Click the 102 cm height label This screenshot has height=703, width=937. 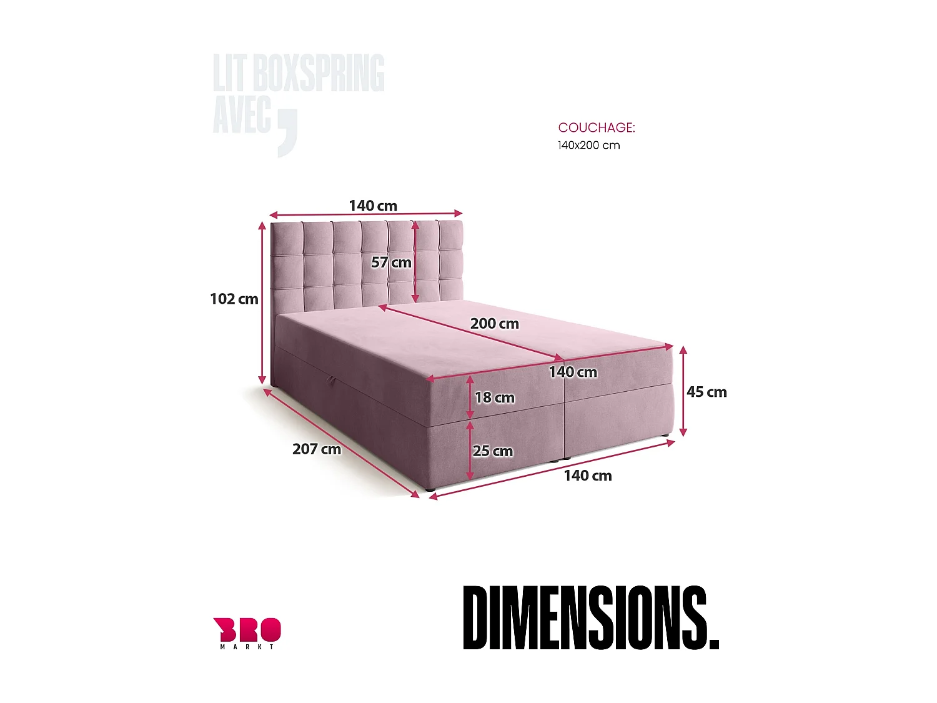click(x=234, y=299)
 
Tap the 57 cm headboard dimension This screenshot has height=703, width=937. click(x=391, y=262)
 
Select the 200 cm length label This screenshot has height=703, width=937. click(x=494, y=324)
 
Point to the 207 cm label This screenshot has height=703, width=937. click(x=317, y=449)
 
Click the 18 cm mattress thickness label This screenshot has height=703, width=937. click(x=494, y=397)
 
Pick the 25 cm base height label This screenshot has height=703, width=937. click(x=492, y=451)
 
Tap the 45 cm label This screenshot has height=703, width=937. click(x=706, y=392)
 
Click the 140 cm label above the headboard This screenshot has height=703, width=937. click(x=373, y=206)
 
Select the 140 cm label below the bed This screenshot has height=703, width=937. click(x=588, y=476)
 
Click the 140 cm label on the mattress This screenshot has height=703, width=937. click(x=573, y=372)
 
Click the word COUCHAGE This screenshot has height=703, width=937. click(x=596, y=127)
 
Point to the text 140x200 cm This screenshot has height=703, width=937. click(x=588, y=146)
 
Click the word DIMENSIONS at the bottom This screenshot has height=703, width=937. click(x=590, y=618)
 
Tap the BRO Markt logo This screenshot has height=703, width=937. click(x=247, y=632)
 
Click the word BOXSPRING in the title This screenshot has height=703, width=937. click(x=318, y=73)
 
